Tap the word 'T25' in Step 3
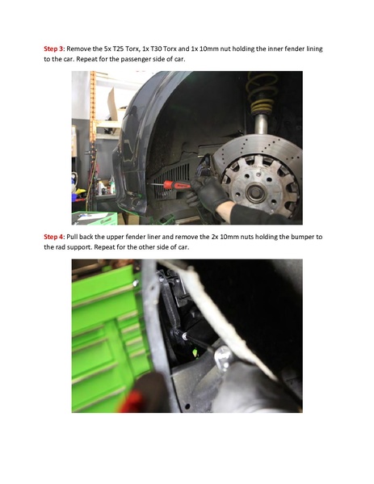124,49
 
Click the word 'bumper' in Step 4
299,236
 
